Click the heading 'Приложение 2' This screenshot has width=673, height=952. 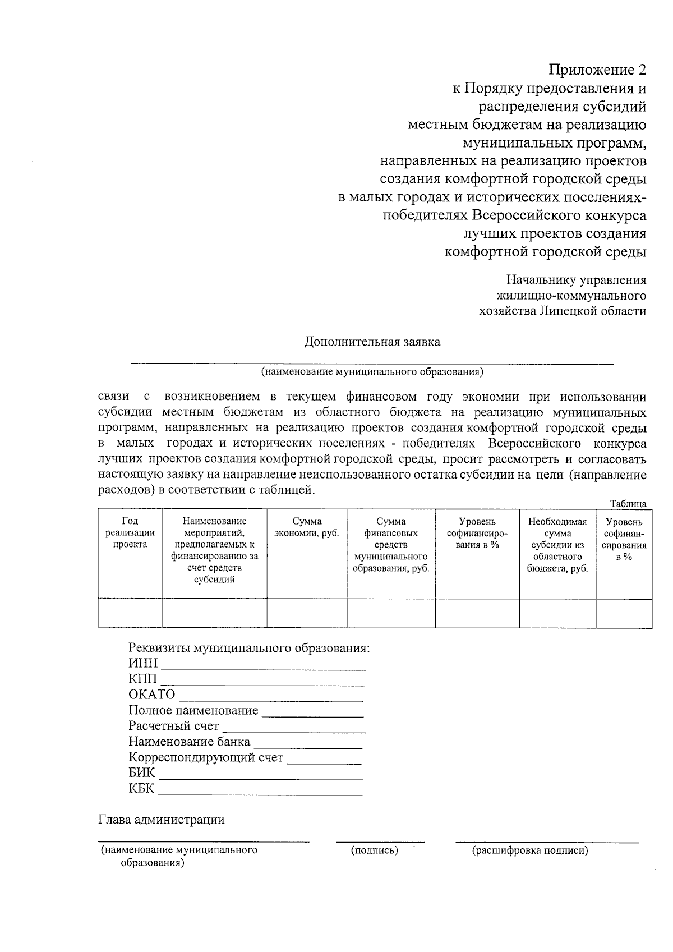pyautogui.click(x=597, y=70)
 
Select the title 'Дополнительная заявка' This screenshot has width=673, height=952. pyautogui.click(x=372, y=342)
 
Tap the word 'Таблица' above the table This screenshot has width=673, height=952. pyautogui.click(x=628, y=504)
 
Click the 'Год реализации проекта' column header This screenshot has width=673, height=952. pyautogui.click(x=130, y=533)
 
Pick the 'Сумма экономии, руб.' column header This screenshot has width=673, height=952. pyautogui.click(x=306, y=527)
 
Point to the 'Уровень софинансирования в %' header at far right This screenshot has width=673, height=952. pyautogui.click(x=624, y=539)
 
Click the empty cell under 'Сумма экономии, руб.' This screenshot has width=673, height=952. pyautogui.click(x=306, y=613)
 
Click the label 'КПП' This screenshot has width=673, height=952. pyautogui.click(x=142, y=679)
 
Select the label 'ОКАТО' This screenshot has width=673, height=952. pyautogui.click(x=151, y=695)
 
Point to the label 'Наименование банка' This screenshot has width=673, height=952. pyautogui.click(x=189, y=742)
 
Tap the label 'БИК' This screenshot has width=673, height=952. pyautogui.click(x=141, y=773)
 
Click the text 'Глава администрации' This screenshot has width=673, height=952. pyautogui.click(x=162, y=820)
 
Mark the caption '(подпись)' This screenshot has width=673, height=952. pyautogui.click(x=374, y=850)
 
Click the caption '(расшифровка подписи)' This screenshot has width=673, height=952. pyautogui.click(x=530, y=850)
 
